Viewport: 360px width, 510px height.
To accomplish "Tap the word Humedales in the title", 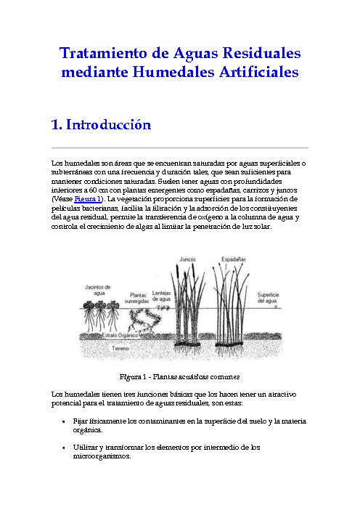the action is tap(173, 71).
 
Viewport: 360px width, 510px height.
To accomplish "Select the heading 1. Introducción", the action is tap(101, 124).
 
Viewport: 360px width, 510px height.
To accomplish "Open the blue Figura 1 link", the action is tap(87, 199).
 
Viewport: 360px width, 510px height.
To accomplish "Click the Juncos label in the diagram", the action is tap(188, 259).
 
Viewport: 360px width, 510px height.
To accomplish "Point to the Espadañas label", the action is tap(234, 259).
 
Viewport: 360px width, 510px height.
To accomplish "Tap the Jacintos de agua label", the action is tap(98, 290).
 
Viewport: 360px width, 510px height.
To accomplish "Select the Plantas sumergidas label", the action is tap(136, 298).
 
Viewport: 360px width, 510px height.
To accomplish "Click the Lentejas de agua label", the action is tap(161, 296).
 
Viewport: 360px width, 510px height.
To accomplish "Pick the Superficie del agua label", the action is tap(268, 298).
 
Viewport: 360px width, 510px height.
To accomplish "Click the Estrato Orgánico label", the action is tap(120, 335).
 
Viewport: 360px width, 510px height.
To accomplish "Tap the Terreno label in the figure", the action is tap(120, 348).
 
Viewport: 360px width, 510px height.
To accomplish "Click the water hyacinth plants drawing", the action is tap(101, 316).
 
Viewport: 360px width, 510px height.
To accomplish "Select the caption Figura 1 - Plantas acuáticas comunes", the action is tap(180, 376).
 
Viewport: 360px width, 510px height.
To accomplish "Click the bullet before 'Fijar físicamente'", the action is tap(63, 421).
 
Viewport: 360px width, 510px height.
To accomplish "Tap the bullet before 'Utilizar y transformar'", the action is tap(63, 448).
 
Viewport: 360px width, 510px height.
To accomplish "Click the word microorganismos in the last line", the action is tap(102, 456).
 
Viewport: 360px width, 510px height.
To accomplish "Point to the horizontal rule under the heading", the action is tap(180, 147).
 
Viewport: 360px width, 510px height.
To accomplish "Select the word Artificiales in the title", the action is tap(258, 71).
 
